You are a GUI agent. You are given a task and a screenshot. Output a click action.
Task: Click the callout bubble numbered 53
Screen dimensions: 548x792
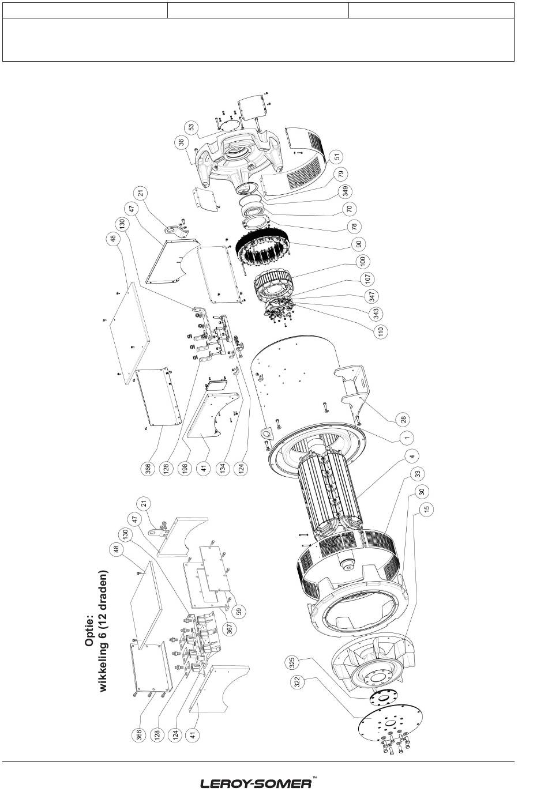[192, 126]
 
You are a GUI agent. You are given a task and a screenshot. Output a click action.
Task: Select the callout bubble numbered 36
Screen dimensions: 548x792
[182, 142]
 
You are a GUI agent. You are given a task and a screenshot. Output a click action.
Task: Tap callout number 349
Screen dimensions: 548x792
[345, 191]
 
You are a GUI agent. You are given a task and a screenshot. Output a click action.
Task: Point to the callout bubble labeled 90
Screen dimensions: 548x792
[358, 244]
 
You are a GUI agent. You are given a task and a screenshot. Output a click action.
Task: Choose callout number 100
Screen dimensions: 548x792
[363, 261]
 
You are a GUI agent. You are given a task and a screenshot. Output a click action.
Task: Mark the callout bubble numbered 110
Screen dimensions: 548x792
[380, 331]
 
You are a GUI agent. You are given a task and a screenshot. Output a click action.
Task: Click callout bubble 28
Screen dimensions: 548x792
[403, 419]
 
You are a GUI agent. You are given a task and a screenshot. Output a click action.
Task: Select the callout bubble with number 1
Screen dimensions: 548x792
[407, 438]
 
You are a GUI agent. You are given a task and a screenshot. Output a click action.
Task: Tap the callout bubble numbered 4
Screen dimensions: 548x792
[411, 456]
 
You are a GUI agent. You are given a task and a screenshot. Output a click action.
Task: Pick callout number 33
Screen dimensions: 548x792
[418, 473]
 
